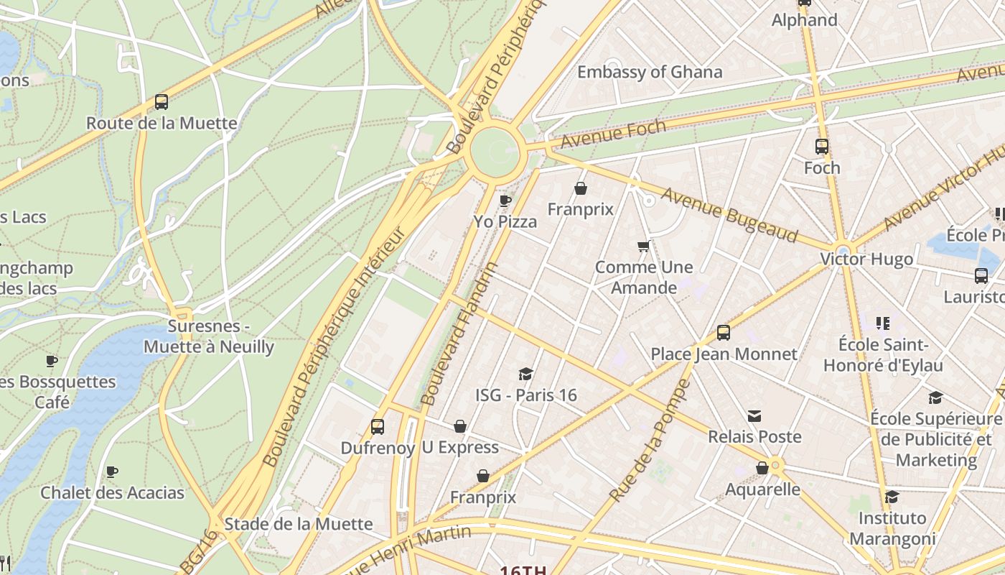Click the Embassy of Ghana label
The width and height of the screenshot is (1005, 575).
point(649,72)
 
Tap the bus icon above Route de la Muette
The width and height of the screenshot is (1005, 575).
point(162,102)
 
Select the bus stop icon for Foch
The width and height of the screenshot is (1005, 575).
point(822,147)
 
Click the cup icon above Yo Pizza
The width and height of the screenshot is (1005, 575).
point(505,201)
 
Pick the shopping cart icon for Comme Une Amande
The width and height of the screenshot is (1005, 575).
point(644,247)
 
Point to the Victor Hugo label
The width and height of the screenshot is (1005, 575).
point(866,259)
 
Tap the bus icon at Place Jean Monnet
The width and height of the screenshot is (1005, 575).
point(724,333)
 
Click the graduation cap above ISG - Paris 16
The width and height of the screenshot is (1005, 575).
point(526,374)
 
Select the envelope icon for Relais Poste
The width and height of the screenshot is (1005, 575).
point(754,416)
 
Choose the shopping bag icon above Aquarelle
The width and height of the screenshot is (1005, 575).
point(762,469)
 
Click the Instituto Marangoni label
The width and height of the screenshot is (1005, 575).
point(892,528)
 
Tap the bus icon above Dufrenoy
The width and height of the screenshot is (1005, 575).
point(378,427)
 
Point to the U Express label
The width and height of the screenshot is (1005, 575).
point(459,448)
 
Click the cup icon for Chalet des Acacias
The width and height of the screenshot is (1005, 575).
point(112,472)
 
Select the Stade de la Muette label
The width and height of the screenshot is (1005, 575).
point(299,524)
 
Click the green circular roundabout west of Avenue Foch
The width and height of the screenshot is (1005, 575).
point(495,152)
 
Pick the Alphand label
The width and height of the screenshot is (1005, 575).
point(804,20)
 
